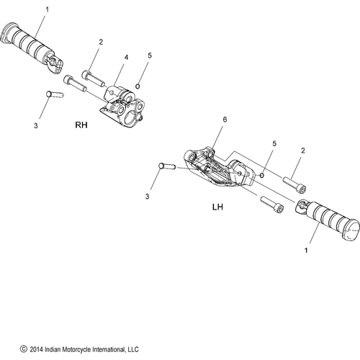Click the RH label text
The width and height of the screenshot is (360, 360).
tap(83, 125)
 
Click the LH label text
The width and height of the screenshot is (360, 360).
tap(219, 206)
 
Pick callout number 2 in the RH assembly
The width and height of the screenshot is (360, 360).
tap(100, 42)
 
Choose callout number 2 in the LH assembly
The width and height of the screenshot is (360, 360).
tap(303, 150)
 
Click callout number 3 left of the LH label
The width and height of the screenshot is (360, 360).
tap(149, 196)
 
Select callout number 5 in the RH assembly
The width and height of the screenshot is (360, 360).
tap(150, 55)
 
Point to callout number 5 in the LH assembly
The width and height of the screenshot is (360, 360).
tap(274, 144)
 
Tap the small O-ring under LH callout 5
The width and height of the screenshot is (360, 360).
tap(264, 174)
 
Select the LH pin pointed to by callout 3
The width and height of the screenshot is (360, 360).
tap(166, 166)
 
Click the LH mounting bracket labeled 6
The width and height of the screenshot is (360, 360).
tap(216, 169)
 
